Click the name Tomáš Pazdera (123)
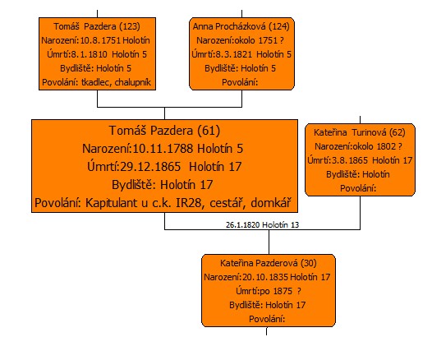[x=97, y=26]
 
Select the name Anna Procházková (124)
[x=241, y=26]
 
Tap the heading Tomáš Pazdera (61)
[x=165, y=131]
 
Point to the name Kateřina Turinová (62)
[x=360, y=132]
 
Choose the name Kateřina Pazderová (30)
[x=269, y=263]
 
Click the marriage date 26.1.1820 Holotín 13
[x=262, y=225]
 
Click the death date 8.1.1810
[x=89, y=54]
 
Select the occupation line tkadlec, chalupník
[x=116, y=82]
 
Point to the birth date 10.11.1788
[x=163, y=149]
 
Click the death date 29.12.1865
[x=150, y=167]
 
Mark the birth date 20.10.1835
[x=265, y=277]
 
